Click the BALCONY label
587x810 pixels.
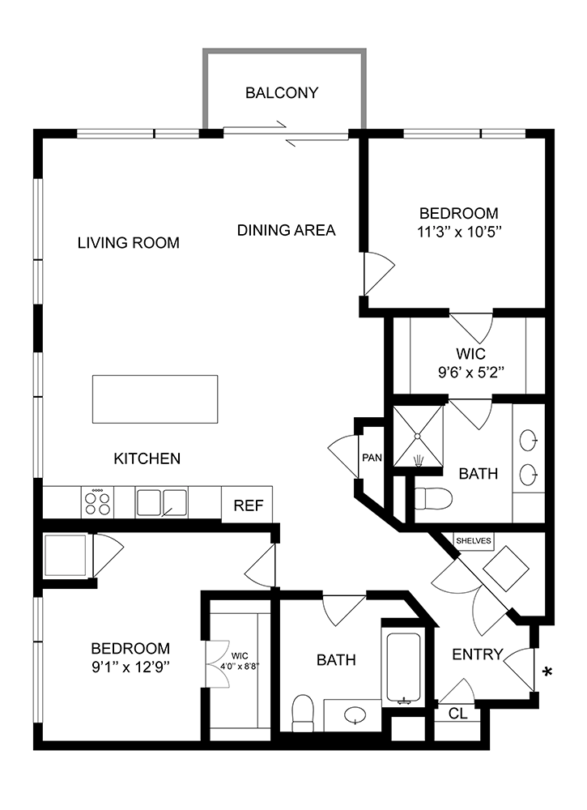tap(282, 93)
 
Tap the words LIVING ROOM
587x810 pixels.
tap(129, 243)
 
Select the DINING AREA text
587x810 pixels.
tap(286, 230)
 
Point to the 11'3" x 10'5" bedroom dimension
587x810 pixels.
tap(460, 232)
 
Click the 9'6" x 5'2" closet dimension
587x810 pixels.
tap(471, 372)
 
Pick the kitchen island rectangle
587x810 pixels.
tap(155, 399)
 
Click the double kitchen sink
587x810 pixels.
tap(162, 503)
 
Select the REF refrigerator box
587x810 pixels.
tap(248, 505)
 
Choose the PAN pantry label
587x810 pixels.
tap(372, 458)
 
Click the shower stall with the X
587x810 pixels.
tap(418, 436)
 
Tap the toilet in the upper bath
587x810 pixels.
tap(433, 498)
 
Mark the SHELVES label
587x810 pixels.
tap(474, 541)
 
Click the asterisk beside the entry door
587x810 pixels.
tap(548, 671)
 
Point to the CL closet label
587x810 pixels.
tap(458, 714)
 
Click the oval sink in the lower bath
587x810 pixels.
tap(355, 715)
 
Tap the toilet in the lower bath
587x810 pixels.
tap(303, 714)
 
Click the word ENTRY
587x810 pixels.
tap(478, 654)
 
